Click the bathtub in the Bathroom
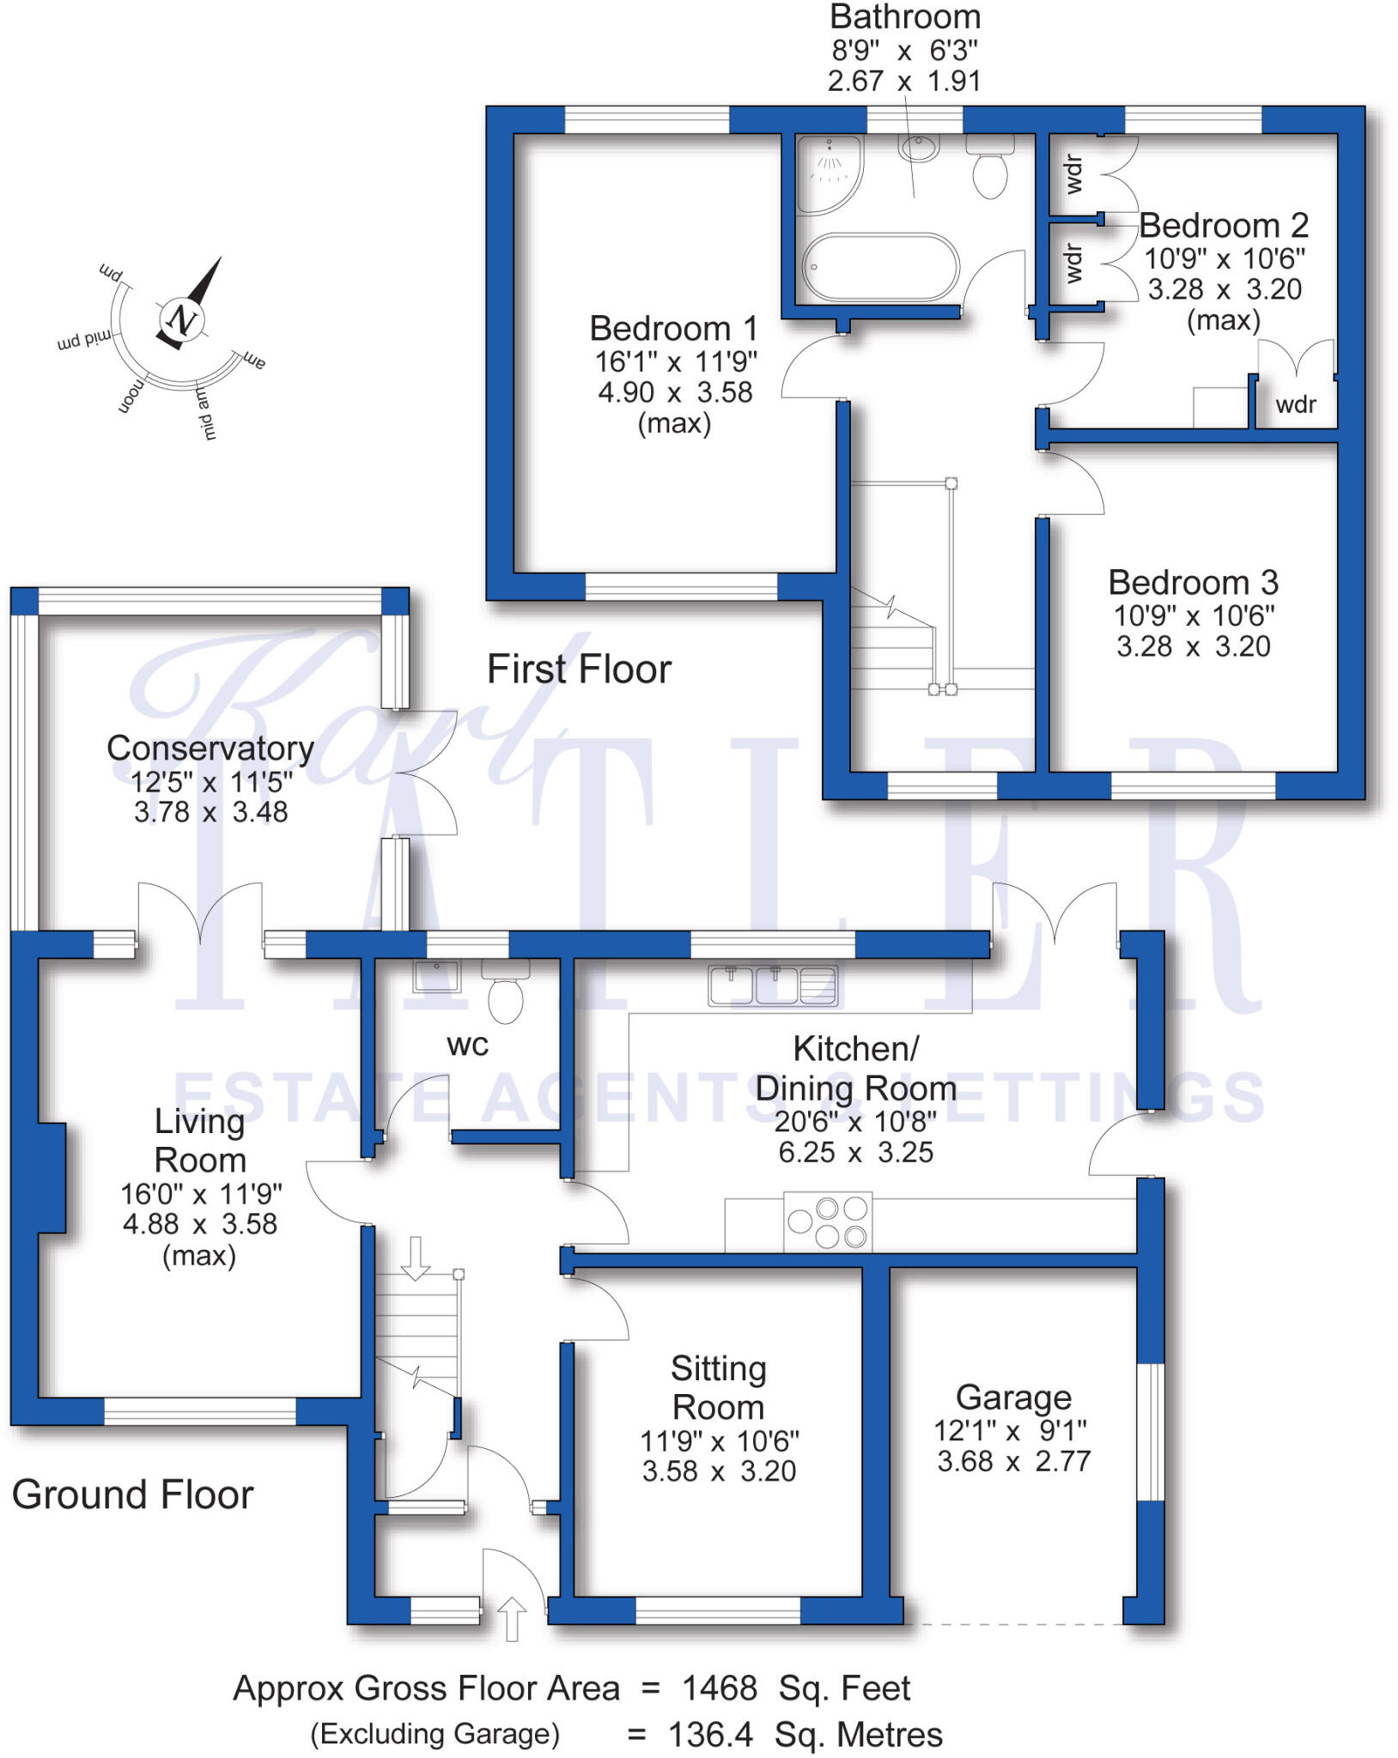[x=880, y=266]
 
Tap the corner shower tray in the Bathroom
[x=826, y=172]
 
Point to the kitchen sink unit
[x=773, y=985]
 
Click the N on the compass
[x=182, y=320]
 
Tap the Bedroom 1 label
[x=673, y=329]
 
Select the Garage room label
[x=1013, y=1397]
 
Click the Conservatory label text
[x=210, y=748]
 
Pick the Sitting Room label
[x=718, y=1388]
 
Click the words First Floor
[x=579, y=670]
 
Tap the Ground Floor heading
[x=133, y=1494]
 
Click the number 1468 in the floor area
[x=720, y=1688]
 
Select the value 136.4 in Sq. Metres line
[x=710, y=1735]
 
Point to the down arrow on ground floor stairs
[x=416, y=1258]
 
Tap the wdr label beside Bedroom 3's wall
[x=1296, y=404]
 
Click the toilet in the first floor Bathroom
[x=990, y=167]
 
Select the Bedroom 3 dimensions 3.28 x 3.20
[x=1193, y=646]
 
